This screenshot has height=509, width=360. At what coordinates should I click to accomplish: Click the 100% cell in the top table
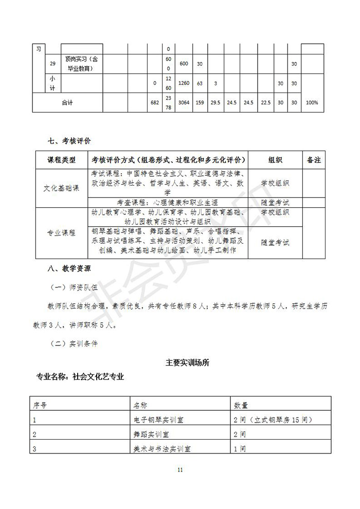[x=312, y=102]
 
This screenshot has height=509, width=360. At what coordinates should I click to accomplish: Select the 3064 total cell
[x=184, y=102]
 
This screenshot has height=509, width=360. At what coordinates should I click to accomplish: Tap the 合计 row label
[x=67, y=102]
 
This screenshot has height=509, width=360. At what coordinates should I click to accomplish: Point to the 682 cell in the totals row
[x=154, y=102]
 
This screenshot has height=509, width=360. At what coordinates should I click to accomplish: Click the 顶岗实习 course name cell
[x=82, y=64]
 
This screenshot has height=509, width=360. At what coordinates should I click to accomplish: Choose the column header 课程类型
[x=61, y=160]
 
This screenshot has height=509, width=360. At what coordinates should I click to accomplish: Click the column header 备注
[x=314, y=160]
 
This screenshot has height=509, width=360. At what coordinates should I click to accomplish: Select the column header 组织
[x=275, y=160]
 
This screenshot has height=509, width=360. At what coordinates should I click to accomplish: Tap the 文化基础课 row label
[x=61, y=188]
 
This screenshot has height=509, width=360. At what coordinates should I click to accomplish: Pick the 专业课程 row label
[x=61, y=232]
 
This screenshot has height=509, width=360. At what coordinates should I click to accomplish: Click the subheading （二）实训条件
[x=74, y=344]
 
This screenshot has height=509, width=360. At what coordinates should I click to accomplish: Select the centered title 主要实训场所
[x=187, y=362]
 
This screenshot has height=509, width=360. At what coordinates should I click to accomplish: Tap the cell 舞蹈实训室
[x=150, y=434]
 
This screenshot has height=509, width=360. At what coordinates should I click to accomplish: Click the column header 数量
[x=241, y=405]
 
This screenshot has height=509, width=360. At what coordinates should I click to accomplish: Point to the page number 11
[x=180, y=469]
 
